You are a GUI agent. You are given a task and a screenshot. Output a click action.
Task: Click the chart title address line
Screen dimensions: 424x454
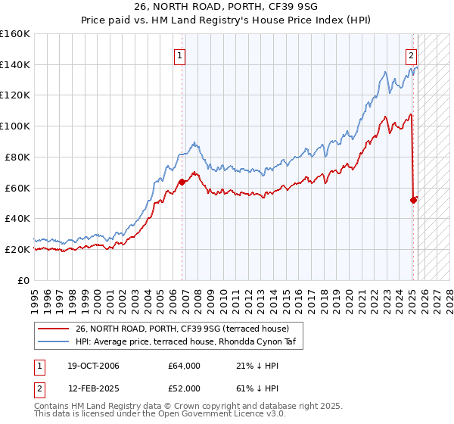point(227,7)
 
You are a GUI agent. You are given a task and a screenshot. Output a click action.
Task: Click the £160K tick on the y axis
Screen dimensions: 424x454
point(16,34)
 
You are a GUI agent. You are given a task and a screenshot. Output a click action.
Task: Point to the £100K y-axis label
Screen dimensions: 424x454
point(16,126)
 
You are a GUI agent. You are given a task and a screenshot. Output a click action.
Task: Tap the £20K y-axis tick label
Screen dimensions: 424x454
point(18,249)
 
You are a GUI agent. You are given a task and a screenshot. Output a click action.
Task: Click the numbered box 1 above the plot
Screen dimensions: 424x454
point(180,55)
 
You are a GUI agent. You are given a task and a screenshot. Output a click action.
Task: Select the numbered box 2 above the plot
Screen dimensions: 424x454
point(411,55)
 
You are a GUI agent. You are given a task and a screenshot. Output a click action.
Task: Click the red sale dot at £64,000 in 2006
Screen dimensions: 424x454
point(182,182)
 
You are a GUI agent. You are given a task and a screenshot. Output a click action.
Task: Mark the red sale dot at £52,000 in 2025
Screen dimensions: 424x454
point(413,200)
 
